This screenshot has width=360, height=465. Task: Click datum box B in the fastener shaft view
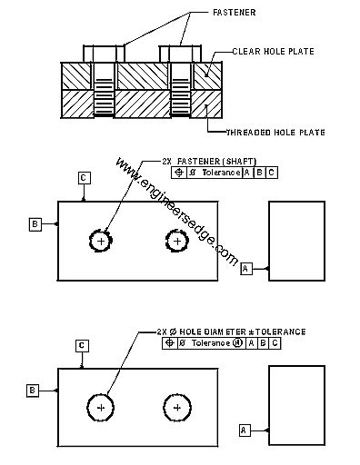[35, 223]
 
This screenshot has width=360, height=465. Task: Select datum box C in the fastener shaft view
[83, 179]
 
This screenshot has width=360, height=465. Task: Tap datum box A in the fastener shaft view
[245, 269]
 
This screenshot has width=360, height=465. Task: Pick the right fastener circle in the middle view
[177, 240]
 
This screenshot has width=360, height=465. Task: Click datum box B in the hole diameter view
[33, 390]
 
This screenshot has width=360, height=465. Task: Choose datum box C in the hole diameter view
[82, 346]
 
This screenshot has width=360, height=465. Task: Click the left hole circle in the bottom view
[100, 408]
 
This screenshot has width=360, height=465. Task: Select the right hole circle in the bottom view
[176, 408]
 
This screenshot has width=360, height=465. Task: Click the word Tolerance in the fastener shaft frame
[222, 172]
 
